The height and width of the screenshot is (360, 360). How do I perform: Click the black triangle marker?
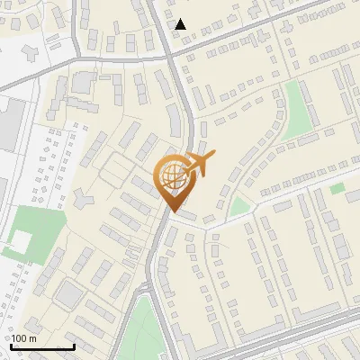181,24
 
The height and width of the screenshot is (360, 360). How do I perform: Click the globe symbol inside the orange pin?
172,175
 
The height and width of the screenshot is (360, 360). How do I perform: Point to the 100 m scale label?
24,337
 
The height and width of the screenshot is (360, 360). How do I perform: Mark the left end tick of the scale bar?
11,345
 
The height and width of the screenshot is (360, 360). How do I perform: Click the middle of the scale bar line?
42,346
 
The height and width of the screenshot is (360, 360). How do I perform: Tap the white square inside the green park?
18,240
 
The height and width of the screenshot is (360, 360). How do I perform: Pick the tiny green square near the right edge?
337,188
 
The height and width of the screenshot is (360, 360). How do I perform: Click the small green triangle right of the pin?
238,207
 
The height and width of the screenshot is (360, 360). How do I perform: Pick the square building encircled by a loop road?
67,292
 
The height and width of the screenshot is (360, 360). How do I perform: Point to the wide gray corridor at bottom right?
297,337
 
